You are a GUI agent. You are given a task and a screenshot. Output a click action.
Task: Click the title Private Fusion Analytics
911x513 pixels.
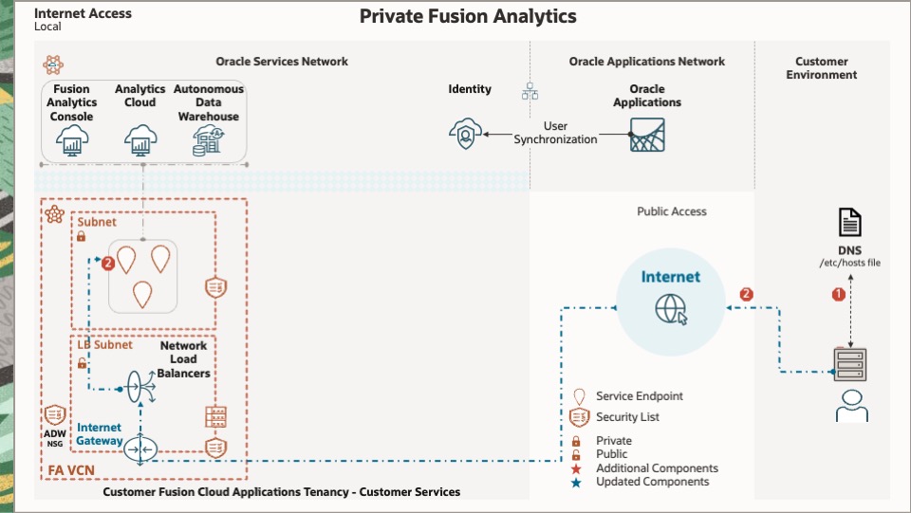(468, 16)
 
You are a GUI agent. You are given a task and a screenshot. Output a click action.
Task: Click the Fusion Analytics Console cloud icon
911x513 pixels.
(72, 141)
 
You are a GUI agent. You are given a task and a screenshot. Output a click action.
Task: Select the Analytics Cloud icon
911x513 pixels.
(140, 141)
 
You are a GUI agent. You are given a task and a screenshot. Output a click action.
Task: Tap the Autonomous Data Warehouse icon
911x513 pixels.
(208, 141)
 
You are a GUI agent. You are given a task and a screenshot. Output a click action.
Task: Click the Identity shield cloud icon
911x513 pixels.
(465, 135)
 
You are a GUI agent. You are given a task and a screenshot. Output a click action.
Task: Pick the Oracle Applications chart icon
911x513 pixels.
(647, 135)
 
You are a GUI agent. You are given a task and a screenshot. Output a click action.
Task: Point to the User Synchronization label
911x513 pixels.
(556, 133)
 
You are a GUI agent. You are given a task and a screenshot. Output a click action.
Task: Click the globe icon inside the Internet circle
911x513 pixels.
(671, 307)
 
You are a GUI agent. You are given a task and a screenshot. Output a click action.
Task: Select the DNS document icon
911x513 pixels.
(850, 223)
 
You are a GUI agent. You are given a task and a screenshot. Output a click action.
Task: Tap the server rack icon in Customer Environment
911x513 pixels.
(850, 363)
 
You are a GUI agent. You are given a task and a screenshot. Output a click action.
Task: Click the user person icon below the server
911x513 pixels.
(850, 405)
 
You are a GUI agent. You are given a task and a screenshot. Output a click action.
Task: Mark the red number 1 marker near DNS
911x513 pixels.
(838, 295)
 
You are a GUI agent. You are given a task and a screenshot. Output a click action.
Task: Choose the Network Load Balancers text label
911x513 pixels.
(183, 359)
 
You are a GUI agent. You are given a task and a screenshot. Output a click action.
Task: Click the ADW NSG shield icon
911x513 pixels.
(54, 414)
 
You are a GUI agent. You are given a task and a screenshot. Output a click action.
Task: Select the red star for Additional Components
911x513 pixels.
(576, 468)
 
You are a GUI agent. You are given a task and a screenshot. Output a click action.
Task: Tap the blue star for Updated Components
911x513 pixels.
(576, 482)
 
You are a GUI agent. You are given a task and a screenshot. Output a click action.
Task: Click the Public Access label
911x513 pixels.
(671, 211)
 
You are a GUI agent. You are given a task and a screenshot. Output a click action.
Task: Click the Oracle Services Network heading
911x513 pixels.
(282, 62)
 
